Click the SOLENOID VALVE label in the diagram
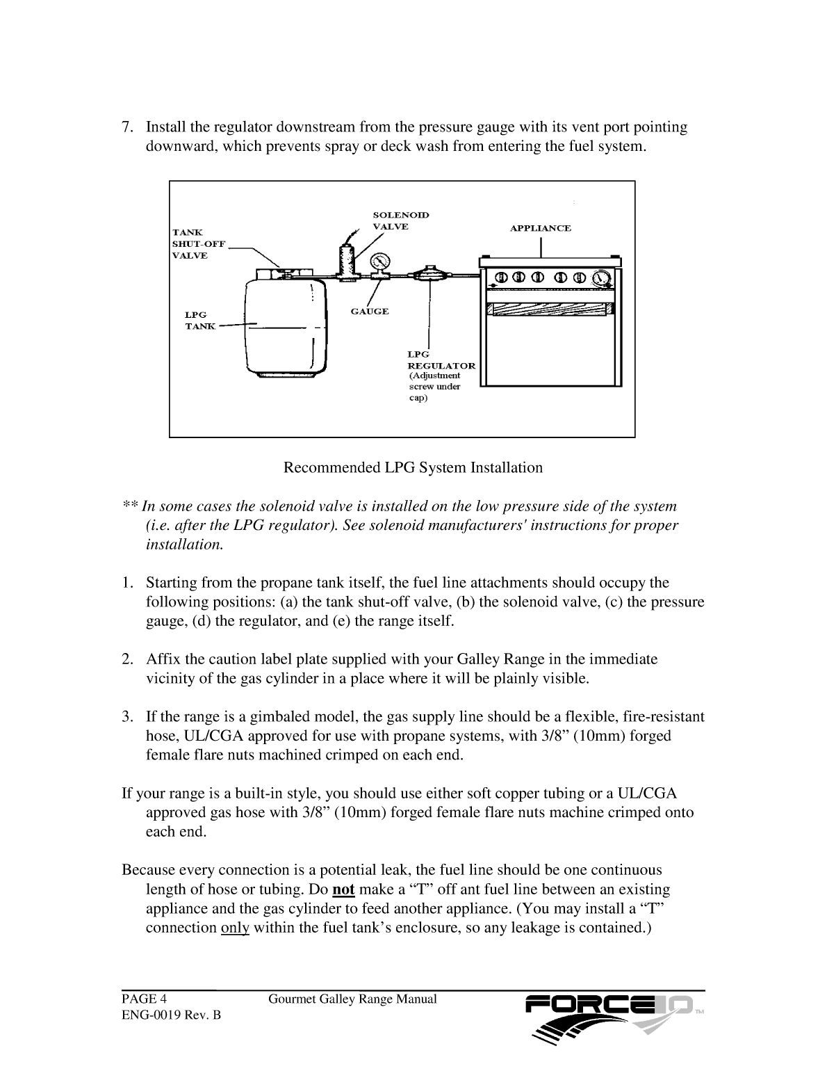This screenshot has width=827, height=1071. [x=401, y=220]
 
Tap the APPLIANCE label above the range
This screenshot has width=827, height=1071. [x=541, y=228]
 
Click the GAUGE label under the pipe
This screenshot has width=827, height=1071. [x=369, y=311]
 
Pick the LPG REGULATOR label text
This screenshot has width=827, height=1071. [x=441, y=360]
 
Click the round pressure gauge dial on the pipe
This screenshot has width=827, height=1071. [x=380, y=262]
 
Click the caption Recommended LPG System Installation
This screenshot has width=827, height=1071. [x=413, y=467]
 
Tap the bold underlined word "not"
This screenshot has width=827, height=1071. [x=344, y=889]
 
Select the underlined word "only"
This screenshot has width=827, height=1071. [x=234, y=928]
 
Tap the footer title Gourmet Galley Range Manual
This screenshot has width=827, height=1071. [x=352, y=999]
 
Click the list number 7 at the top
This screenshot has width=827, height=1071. [x=127, y=127]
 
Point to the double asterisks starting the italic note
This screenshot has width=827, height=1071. [x=130, y=506]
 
